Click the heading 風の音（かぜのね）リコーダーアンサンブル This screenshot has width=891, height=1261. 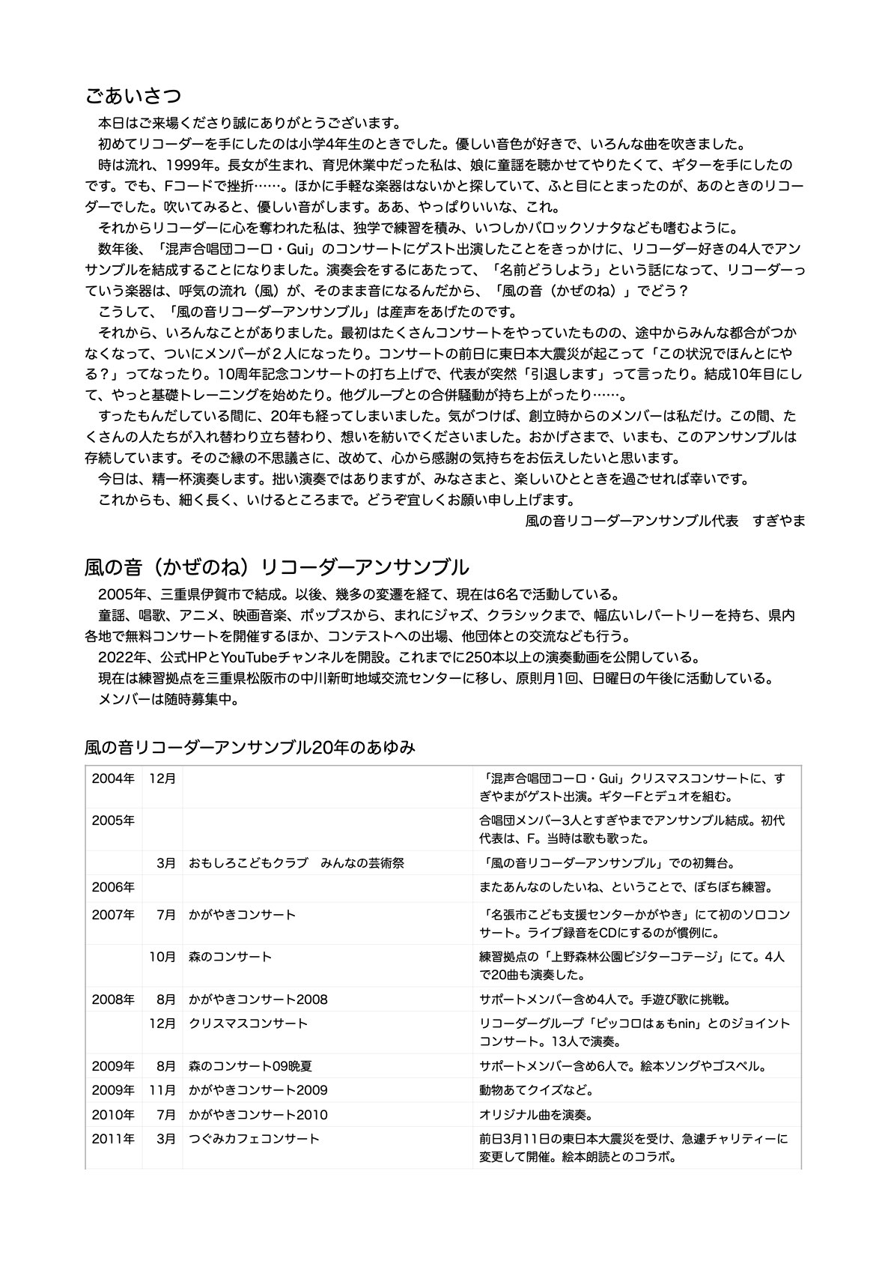pyautogui.click(x=276, y=566)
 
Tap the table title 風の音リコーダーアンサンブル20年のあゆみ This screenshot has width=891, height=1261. pyautogui.click(x=250, y=747)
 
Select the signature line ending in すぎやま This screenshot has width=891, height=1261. pyautogui.click(x=665, y=520)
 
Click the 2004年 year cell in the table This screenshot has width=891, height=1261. pyautogui.click(x=113, y=779)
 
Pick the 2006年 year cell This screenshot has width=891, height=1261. pyautogui.click(x=113, y=887)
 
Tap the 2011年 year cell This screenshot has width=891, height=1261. pyautogui.click(x=113, y=1139)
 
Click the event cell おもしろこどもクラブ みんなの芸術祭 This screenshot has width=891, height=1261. pyautogui.click(x=297, y=863)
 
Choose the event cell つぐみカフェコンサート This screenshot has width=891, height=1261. pyautogui.click(x=254, y=1139)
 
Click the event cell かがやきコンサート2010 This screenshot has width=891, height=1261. pyautogui.click(x=258, y=1115)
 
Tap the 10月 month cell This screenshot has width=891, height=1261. pyautogui.click(x=162, y=957)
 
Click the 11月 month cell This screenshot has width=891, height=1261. pyautogui.click(x=162, y=1090)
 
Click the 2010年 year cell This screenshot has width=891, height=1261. pyautogui.click(x=113, y=1115)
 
